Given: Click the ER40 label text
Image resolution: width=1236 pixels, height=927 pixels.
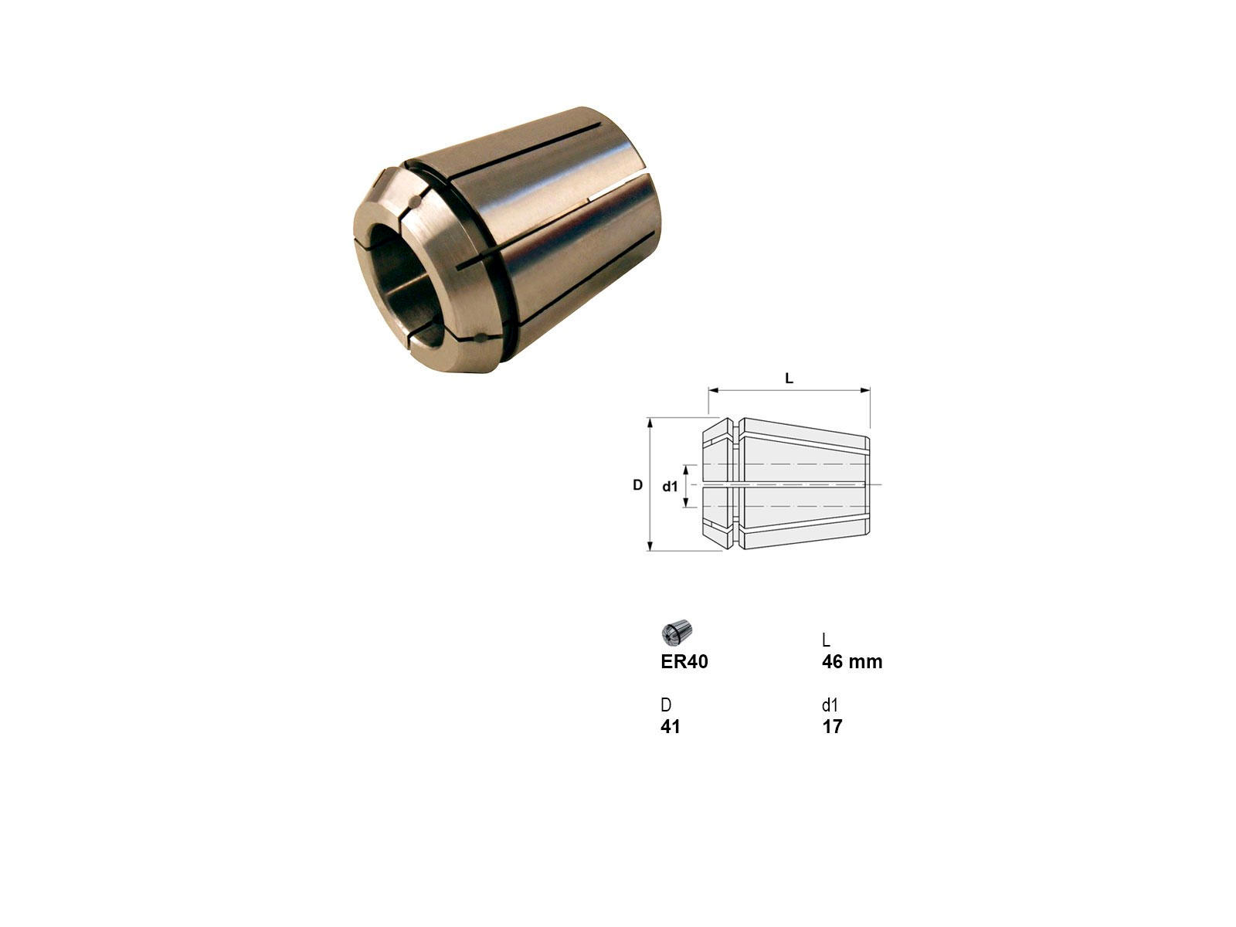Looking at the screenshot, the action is click(x=684, y=662).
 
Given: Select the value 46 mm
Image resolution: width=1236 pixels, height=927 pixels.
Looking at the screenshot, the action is click(x=852, y=662).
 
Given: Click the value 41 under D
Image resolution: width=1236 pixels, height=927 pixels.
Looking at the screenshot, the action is click(x=670, y=727).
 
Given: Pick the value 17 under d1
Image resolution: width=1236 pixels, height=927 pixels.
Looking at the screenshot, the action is click(x=832, y=727).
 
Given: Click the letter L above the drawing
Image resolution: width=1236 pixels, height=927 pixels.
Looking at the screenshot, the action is click(x=789, y=379).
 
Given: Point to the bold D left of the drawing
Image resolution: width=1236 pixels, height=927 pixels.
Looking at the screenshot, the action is click(x=637, y=484).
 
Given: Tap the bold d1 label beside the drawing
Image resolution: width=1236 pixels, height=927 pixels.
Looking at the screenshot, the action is click(x=670, y=487).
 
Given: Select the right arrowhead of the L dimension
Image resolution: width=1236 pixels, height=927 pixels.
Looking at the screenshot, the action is click(x=865, y=390).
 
